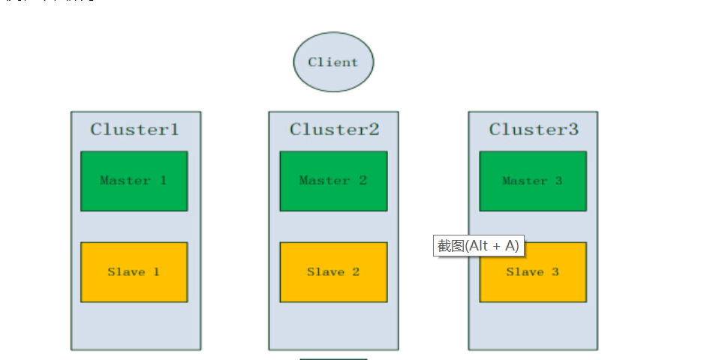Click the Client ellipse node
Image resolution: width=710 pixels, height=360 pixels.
333,62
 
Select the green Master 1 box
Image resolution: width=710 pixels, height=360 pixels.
134,181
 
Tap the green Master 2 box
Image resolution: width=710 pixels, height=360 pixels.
333,181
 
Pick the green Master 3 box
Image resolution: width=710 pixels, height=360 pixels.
533,181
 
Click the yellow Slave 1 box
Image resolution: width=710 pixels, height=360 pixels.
134,272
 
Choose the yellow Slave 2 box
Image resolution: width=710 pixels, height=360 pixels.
333,272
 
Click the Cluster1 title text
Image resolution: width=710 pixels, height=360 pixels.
135,129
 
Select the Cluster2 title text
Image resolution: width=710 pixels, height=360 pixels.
335,129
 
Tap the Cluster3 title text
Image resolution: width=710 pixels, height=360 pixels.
534,129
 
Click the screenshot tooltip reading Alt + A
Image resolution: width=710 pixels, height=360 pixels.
477,246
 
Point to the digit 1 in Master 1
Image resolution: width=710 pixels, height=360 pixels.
163,181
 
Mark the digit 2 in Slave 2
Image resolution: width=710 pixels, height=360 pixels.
356,272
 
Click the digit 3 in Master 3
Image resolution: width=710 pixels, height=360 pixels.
558,181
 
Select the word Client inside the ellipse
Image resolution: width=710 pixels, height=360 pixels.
333,62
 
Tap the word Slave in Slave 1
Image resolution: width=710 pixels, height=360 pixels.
126,272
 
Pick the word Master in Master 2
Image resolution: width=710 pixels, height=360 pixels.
324,181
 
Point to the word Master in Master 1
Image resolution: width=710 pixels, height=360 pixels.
125,181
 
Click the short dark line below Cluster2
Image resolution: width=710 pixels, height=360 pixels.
333,358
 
